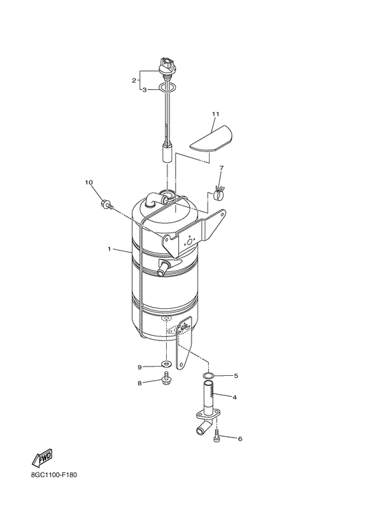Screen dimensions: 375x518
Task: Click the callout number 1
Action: coord(109,249)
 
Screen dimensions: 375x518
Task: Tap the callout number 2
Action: coord(134,80)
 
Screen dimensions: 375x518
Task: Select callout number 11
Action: coord(216,114)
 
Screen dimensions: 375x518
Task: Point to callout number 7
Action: coord(221,168)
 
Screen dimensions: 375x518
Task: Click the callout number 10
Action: coord(89,182)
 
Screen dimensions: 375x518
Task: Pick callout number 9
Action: coord(140,367)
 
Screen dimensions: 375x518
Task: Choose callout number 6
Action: coord(240,439)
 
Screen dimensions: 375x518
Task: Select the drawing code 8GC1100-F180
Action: coord(54,475)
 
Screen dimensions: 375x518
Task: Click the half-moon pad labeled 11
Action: coord(211,139)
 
